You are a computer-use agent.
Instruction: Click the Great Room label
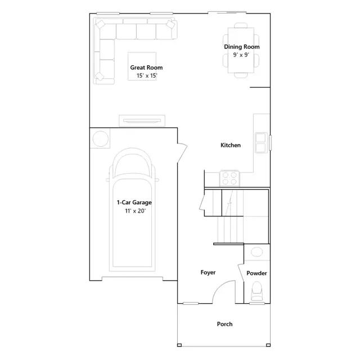(x=146, y=67)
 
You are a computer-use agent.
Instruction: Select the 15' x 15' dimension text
(x=146, y=75)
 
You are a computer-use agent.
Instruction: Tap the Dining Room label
(x=242, y=47)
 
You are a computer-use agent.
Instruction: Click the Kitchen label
(x=231, y=145)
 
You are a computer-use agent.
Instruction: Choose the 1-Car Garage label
(x=134, y=202)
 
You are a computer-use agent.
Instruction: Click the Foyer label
(x=208, y=272)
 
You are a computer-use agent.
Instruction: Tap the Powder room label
(x=256, y=273)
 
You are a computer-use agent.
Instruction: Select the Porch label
(x=224, y=324)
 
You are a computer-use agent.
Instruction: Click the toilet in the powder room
(x=256, y=291)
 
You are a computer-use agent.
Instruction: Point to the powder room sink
(x=256, y=254)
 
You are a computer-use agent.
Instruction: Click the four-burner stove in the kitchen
(x=229, y=178)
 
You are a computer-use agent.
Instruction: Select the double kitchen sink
(x=261, y=142)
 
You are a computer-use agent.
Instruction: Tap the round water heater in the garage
(x=101, y=138)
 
